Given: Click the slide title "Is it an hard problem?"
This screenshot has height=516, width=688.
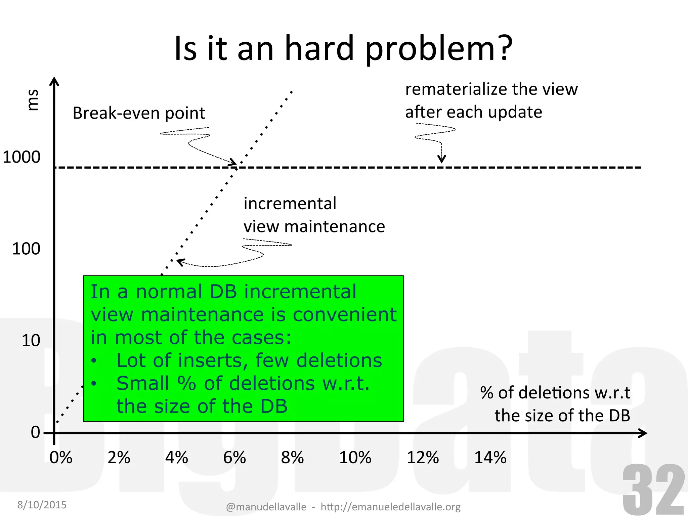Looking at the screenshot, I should (343, 49).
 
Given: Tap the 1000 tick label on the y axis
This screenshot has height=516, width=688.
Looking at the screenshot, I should (21, 157).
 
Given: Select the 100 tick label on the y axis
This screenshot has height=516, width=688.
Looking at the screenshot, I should (26, 249).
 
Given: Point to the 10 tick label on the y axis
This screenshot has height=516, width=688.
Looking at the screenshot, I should (31, 341).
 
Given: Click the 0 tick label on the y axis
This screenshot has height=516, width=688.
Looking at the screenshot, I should (35, 432).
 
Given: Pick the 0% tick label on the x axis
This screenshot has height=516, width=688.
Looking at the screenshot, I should (61, 458).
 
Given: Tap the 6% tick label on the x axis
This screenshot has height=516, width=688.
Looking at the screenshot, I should (234, 458).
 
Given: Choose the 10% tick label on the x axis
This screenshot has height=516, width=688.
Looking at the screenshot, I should (355, 458).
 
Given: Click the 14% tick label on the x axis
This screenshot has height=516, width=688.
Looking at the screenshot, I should (490, 458).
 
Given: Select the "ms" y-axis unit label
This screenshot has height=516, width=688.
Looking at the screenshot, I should (33, 100).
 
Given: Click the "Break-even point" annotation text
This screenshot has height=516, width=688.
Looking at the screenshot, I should (139, 113).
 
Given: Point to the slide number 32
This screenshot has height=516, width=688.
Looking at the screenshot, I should (653, 490).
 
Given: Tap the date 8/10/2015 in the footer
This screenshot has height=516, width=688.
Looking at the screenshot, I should (42, 505).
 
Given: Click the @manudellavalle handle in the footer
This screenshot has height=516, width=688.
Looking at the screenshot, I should (266, 507).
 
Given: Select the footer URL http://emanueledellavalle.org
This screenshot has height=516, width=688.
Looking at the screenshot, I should (390, 507).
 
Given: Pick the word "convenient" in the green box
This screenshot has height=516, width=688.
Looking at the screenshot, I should (345, 315).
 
